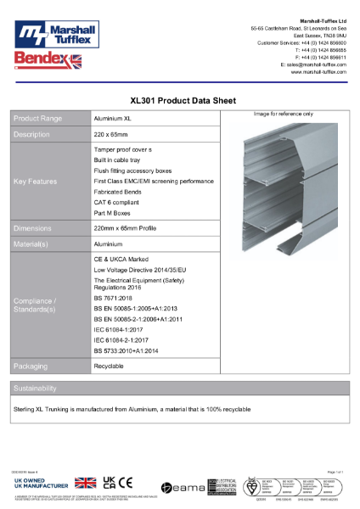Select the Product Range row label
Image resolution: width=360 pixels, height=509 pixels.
[x=38, y=119]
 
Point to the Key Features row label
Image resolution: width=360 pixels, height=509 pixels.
[x=36, y=182]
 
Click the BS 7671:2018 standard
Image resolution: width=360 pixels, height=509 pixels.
[x=113, y=299]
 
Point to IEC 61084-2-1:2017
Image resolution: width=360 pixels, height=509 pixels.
[x=121, y=338]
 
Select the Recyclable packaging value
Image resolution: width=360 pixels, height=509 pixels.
[x=110, y=366]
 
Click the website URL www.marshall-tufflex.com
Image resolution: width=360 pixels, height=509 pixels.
[x=318, y=72]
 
